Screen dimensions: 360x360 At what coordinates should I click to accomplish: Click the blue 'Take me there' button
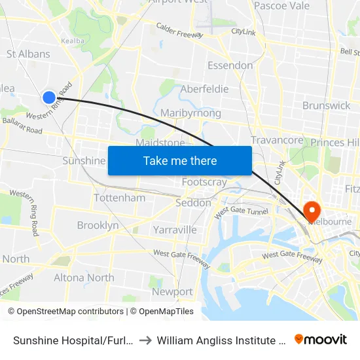coord(180,160)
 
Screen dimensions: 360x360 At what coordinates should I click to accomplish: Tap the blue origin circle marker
coord(49,98)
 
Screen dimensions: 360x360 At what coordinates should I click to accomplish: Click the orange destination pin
coord(312,211)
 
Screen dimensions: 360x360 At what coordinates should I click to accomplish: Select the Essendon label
coord(230,65)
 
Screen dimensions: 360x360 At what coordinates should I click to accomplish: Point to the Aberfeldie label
coord(204,89)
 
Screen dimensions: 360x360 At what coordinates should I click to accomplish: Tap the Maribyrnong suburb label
coord(190,113)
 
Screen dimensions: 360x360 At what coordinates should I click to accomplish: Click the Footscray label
coord(204,182)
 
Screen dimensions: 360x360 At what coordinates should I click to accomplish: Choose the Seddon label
coord(193,203)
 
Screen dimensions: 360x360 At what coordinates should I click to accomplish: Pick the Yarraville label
coord(175,230)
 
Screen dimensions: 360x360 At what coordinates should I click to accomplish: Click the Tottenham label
coord(120,198)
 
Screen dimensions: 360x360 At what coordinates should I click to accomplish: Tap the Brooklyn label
coord(98,225)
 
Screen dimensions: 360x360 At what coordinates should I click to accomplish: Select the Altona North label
coord(83,278)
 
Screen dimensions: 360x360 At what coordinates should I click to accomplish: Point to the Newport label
coord(172,292)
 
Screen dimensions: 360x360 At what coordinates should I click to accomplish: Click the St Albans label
coord(28,54)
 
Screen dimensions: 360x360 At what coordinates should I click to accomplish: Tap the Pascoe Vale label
coord(281,6)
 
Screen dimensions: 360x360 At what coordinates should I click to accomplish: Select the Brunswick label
coord(327,105)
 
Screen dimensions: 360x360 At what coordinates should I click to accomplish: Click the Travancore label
coord(277,140)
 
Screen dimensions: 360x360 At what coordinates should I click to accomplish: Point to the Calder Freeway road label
coord(179,30)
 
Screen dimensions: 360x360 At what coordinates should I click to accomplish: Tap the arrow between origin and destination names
coord(146,340)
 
